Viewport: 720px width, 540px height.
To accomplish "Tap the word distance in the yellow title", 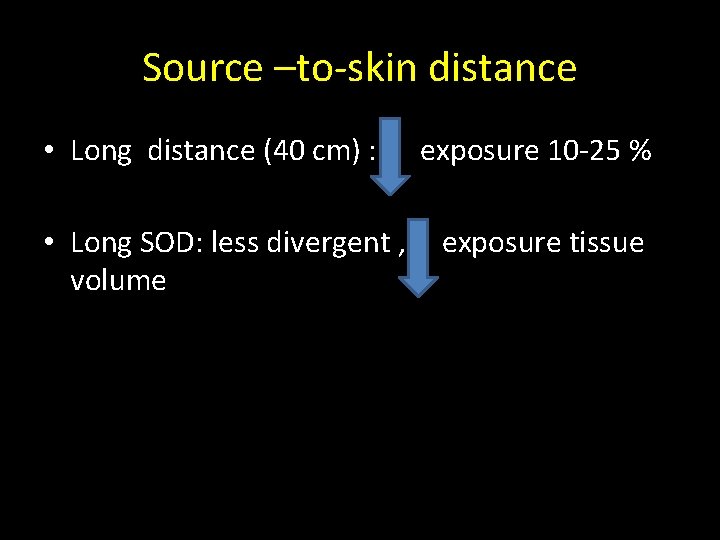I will pos(503,68).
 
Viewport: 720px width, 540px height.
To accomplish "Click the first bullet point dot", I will pos(49,152).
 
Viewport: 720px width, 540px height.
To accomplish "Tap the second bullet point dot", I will pos(49,243).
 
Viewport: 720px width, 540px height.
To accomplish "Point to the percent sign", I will pos(641,152).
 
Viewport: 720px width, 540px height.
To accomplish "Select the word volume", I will pos(118,280).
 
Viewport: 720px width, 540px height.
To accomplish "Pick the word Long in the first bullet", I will pos(101,152).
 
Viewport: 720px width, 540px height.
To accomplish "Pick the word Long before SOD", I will pos(101,243).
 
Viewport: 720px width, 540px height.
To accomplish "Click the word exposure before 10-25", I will pos(479,152).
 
